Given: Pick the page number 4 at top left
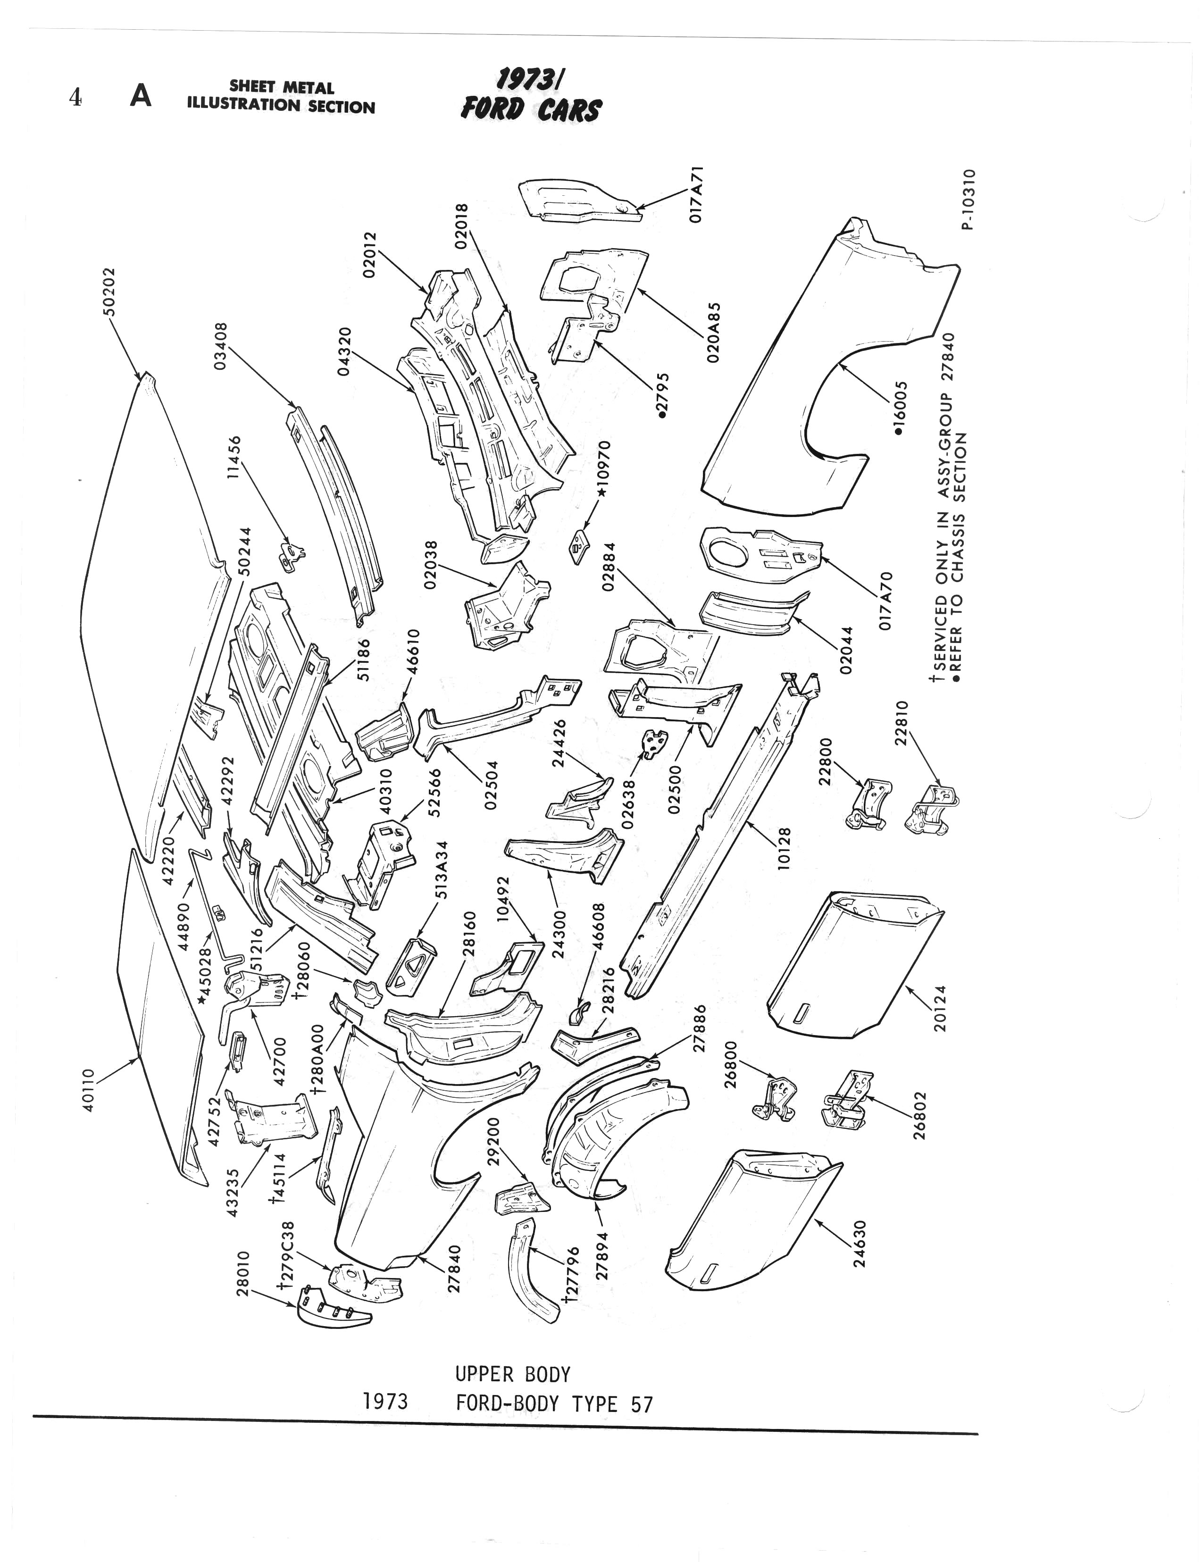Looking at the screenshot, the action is pos(75,97).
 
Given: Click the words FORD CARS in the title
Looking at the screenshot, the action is pos(531,110).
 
